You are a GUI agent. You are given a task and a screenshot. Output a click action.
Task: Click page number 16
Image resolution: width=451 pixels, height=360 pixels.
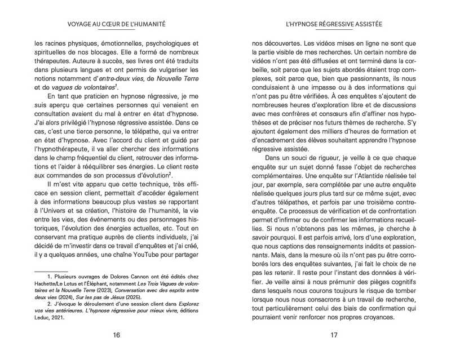[x=116, y=336]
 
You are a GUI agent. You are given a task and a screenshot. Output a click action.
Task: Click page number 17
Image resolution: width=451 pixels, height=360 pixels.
[x=334, y=336]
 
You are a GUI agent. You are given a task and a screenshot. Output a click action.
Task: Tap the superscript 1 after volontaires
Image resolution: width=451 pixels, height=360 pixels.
[x=116, y=85]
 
